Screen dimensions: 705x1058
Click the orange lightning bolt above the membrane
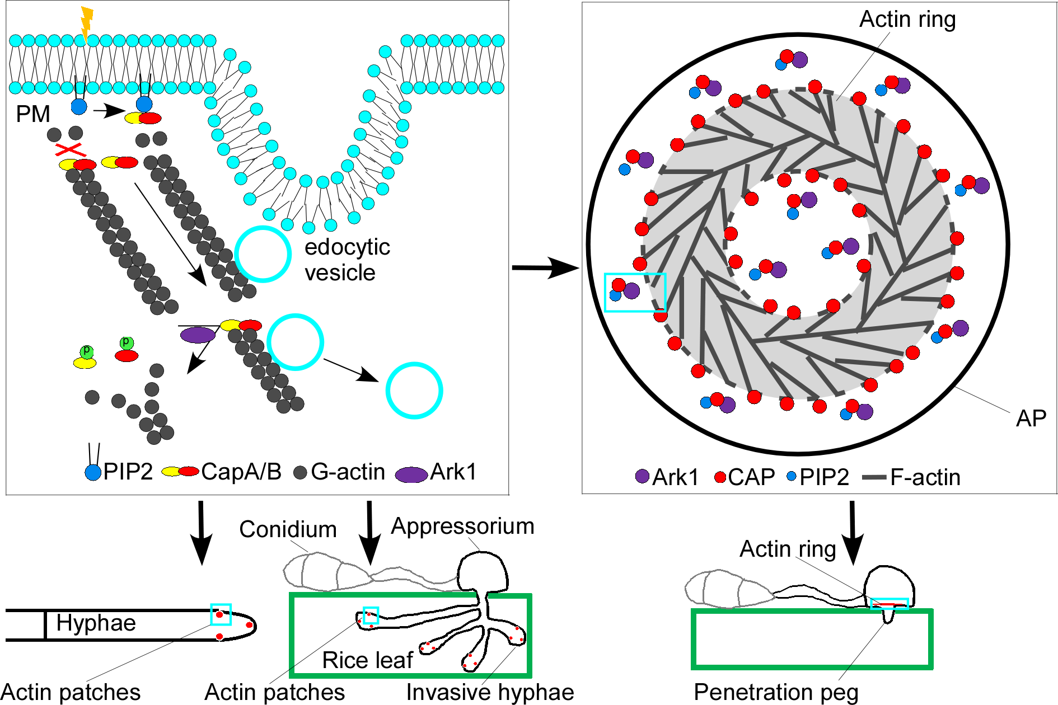pyautogui.click(x=86, y=22)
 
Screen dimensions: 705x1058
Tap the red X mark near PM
pyautogui.click(x=69, y=150)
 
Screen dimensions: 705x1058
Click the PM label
pyautogui.click(x=33, y=114)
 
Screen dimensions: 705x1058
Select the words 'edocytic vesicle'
pyautogui.click(x=347, y=260)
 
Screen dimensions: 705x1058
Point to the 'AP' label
pyautogui.click(x=1031, y=419)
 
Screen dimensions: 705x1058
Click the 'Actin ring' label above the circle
pyautogui.click(x=907, y=19)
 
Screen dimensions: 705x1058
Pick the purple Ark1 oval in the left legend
pyautogui.click(x=411, y=474)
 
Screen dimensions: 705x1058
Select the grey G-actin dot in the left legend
pyautogui.click(x=301, y=472)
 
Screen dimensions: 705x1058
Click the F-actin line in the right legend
pyautogui.click(x=874, y=478)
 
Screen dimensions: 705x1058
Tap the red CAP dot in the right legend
pyautogui.click(x=720, y=477)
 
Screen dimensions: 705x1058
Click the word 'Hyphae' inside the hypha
pyautogui.click(x=96, y=623)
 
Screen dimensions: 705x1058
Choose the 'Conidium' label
pyautogui.click(x=288, y=529)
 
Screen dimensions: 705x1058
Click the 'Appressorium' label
pyautogui.click(x=462, y=526)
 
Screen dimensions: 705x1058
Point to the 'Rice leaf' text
pyautogui.click(x=367, y=660)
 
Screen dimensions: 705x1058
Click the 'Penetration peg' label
pyautogui.click(x=776, y=692)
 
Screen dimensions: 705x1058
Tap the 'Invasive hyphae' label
pyautogui.click(x=490, y=692)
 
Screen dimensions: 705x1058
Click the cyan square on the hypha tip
pyautogui.click(x=221, y=614)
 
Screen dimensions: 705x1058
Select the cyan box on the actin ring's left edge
pyautogui.click(x=635, y=292)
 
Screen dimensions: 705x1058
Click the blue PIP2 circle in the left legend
pyautogui.click(x=93, y=473)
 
